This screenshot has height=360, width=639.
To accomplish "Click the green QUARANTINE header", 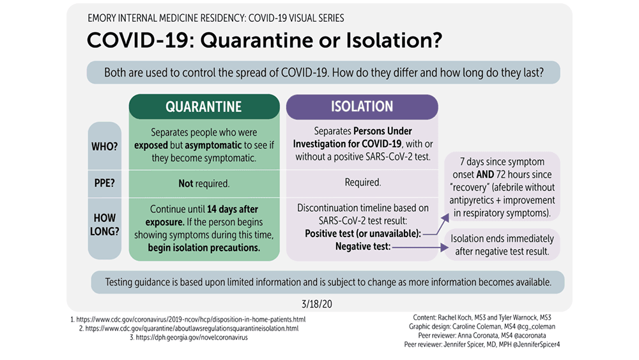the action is (204, 107).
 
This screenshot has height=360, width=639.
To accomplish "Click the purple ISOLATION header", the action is (362, 107).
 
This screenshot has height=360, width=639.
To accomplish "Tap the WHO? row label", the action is (104, 146).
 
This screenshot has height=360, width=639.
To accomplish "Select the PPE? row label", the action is (104, 183).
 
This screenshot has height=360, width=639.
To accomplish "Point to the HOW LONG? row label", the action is (104, 224).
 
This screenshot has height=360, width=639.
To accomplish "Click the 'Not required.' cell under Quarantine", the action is (204, 184).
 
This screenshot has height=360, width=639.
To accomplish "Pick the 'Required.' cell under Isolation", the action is (363, 182).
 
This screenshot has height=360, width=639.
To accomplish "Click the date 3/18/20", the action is (317, 304).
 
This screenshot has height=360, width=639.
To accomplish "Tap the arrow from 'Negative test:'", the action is (420, 247).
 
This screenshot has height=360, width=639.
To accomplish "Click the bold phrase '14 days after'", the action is (233, 209).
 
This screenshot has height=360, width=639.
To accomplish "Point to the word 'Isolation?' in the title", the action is (394, 40).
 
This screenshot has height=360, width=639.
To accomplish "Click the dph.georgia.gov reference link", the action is (192, 338).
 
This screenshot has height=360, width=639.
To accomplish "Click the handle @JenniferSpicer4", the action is (536, 345).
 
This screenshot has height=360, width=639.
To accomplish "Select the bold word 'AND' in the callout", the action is (485, 175).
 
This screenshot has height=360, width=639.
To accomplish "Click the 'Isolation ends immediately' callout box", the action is (502, 245).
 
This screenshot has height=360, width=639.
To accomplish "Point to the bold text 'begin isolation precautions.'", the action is (204, 247).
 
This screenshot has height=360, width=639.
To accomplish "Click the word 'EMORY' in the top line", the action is (100, 19).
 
